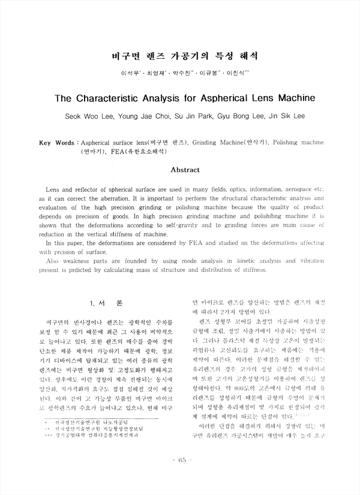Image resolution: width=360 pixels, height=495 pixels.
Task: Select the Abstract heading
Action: click(185, 170)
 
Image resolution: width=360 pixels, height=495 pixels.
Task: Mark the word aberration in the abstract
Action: click(107, 197)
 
